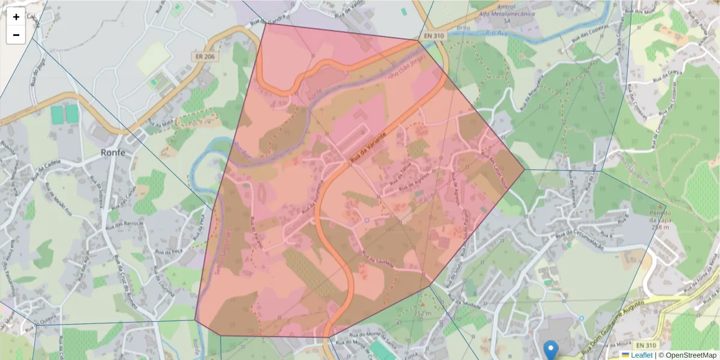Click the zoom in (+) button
16,17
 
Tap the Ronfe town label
113,152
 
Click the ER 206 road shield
205,56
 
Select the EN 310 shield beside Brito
434,36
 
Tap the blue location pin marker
550,349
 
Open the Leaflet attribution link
641,355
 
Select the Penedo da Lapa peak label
658,219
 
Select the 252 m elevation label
423,313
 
